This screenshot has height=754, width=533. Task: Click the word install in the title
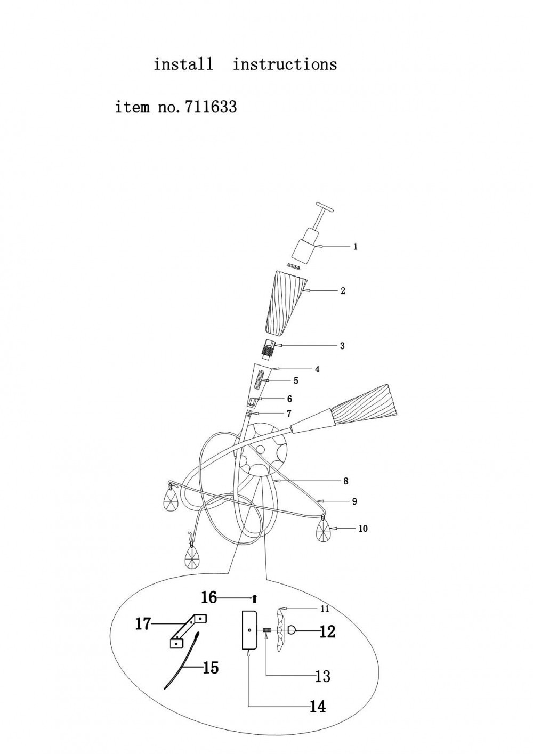[x=183, y=64]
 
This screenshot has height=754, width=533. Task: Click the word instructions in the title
[x=285, y=64]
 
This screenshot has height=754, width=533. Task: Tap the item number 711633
[x=210, y=107]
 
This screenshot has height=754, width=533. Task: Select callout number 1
[x=356, y=247]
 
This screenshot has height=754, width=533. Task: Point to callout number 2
[x=343, y=291]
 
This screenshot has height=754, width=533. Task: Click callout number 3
[x=342, y=346]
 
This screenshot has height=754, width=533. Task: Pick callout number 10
[x=363, y=529]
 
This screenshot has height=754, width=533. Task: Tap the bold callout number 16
[x=209, y=597]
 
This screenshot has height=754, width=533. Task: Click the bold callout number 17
[x=143, y=623]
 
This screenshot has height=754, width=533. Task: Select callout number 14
[x=318, y=707]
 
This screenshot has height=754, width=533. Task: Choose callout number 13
[x=323, y=676]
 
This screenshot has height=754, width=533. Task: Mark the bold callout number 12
[x=327, y=631]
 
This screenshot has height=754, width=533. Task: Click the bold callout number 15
[x=211, y=667]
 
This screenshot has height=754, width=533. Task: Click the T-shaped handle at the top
[x=323, y=206]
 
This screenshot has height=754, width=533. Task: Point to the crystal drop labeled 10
[x=324, y=531]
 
